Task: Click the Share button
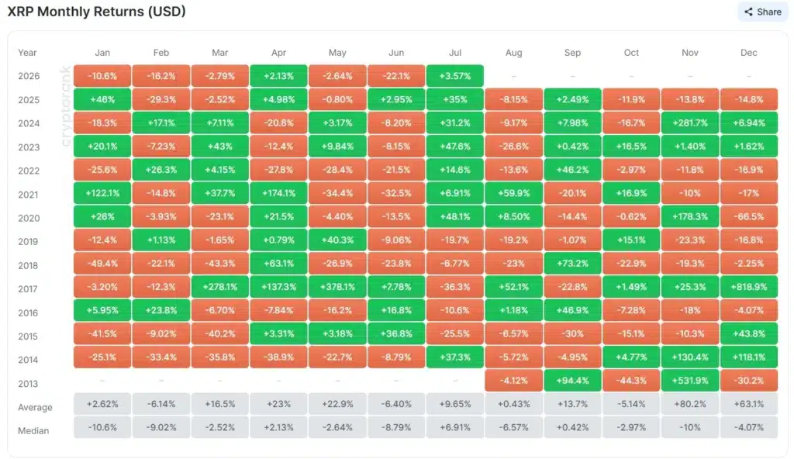[763, 12]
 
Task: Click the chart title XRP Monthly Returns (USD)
[97, 11]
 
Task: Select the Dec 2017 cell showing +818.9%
[749, 287]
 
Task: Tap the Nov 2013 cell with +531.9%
[690, 381]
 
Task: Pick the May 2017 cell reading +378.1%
[337, 287]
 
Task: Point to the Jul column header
[454, 53]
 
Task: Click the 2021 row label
[29, 195]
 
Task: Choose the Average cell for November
[690, 404]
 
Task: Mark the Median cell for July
[454, 427]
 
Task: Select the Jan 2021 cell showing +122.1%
[102, 193]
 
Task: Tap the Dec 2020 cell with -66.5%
[749, 216]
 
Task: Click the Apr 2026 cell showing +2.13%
[278, 76]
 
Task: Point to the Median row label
[33, 430]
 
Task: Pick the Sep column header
[572, 53]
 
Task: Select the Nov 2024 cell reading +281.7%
[690, 123]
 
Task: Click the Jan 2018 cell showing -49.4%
[102, 264]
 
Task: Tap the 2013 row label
[29, 384]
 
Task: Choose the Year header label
[27, 53]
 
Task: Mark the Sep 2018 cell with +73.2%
[572, 264]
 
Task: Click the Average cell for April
[278, 404]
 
